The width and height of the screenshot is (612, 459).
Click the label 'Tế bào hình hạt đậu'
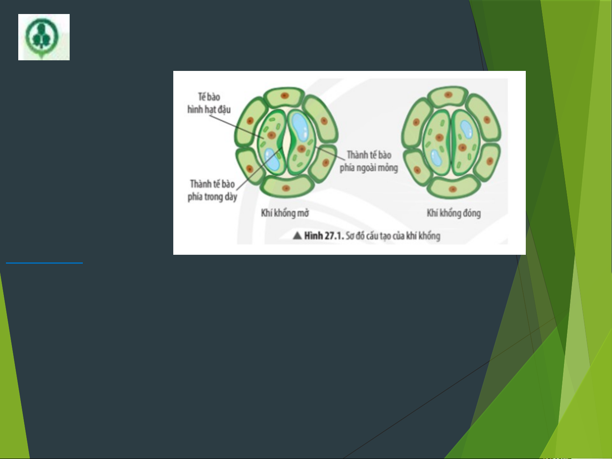[209, 104]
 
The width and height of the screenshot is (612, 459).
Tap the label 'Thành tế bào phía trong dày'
[212, 190]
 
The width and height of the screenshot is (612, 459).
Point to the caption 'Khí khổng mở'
[285, 213]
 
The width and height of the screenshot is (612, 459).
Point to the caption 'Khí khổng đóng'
[454, 213]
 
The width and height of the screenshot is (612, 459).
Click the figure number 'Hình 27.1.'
[324, 236]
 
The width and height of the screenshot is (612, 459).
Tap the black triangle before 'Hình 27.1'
[297, 236]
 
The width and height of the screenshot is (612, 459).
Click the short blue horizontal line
[44, 263]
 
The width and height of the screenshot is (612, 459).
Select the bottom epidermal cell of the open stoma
[286, 187]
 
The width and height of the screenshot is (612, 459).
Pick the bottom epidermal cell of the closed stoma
[453, 188]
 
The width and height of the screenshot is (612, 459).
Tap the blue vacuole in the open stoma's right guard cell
[300, 127]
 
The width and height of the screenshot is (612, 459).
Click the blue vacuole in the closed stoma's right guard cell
[466, 130]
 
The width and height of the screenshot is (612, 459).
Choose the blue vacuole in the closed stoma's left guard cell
[436, 158]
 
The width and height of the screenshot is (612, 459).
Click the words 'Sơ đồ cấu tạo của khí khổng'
[393, 236]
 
